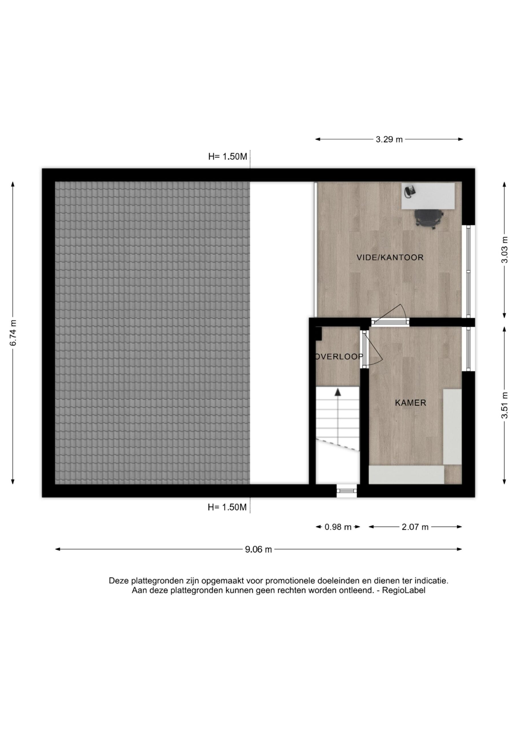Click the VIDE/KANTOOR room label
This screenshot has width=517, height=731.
click(390, 257)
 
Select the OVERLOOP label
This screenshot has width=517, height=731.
click(339, 357)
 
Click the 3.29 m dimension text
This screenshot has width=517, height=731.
click(389, 139)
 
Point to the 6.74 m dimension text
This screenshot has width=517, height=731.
click(13, 333)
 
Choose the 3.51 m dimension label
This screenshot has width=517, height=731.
click(504, 405)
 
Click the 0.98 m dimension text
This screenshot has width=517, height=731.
click(338, 527)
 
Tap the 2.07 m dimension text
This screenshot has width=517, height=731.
click(415, 527)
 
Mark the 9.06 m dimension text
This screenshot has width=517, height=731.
click(258, 549)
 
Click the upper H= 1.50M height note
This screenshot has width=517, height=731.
click(227, 157)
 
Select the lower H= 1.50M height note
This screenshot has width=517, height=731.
click(227, 507)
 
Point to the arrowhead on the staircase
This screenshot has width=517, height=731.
click(338, 392)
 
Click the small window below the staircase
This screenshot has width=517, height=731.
click(347, 491)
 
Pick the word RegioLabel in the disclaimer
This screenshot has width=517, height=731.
click(404, 590)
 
